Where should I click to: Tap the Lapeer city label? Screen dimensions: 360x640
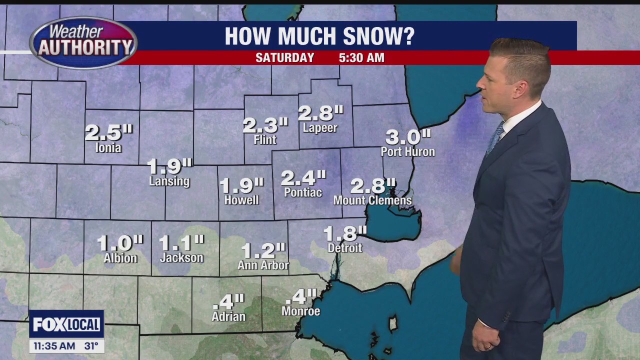pyautogui.click(x=320, y=128)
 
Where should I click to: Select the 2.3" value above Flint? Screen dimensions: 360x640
pyautogui.click(x=265, y=125)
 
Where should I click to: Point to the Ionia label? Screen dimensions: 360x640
pyautogui.click(x=108, y=148)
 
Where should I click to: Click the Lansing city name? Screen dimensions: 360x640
pyautogui.click(x=169, y=181)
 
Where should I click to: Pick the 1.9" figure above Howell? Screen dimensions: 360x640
pyautogui.click(x=241, y=185)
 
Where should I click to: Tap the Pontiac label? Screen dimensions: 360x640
pyautogui.click(x=303, y=192)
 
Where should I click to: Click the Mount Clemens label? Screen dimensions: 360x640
pyautogui.click(x=372, y=200)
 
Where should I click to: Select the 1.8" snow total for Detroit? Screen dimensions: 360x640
pyautogui.click(x=345, y=233)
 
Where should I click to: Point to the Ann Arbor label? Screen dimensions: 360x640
pyautogui.click(x=263, y=265)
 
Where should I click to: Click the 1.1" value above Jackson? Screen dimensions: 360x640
pyautogui.click(x=181, y=243)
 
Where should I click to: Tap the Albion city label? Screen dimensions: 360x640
pyautogui.click(x=120, y=258)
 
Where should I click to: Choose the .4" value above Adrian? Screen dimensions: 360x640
pyautogui.click(x=228, y=302)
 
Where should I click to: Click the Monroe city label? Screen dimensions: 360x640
pyautogui.click(x=300, y=311)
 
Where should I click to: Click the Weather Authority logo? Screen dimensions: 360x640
pyautogui.click(x=83, y=43)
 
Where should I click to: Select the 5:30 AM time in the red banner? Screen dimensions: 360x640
pyautogui.click(x=361, y=58)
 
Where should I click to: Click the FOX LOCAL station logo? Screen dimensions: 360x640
pyautogui.click(x=66, y=324)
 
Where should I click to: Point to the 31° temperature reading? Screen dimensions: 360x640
pyautogui.click(x=91, y=346)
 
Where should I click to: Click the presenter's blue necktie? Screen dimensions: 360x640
pyautogui.click(x=495, y=137)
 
